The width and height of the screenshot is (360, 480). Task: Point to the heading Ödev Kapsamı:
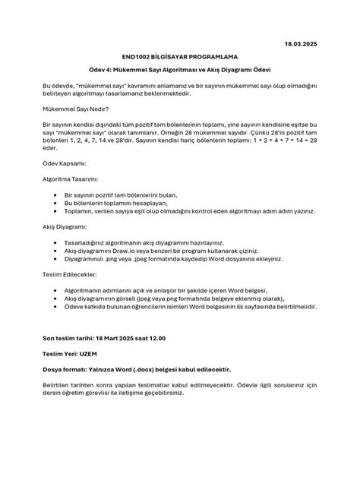(x=65, y=163)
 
